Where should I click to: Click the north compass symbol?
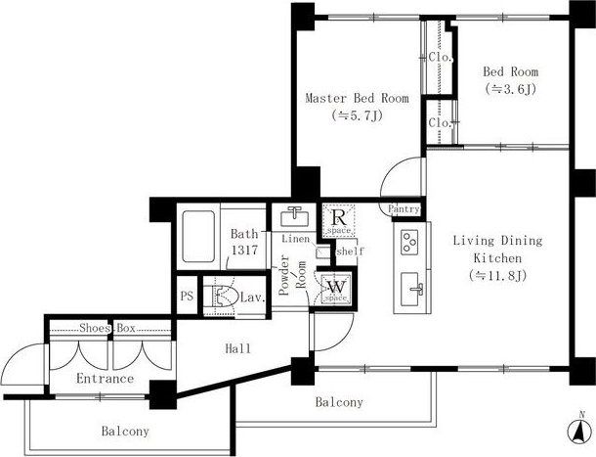pos(580,430)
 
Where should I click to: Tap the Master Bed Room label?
pos(357,98)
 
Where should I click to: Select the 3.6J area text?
pos(510,89)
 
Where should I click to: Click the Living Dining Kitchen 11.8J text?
pos(497,257)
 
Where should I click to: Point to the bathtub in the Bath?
pos(198,236)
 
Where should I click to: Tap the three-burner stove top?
pos(409,243)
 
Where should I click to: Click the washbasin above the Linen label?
pos(294,216)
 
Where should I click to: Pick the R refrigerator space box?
pos(339,220)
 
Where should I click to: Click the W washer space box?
pos(337,289)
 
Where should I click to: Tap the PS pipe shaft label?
pos(187,296)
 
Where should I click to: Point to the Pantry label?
pos(404,208)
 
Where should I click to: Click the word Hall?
pos(238,348)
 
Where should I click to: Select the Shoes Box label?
pos(107,328)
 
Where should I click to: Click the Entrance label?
pos(105,378)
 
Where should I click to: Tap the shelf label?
pos(350,251)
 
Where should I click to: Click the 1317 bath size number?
pos(245,251)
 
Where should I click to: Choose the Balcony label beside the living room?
pos(339,402)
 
